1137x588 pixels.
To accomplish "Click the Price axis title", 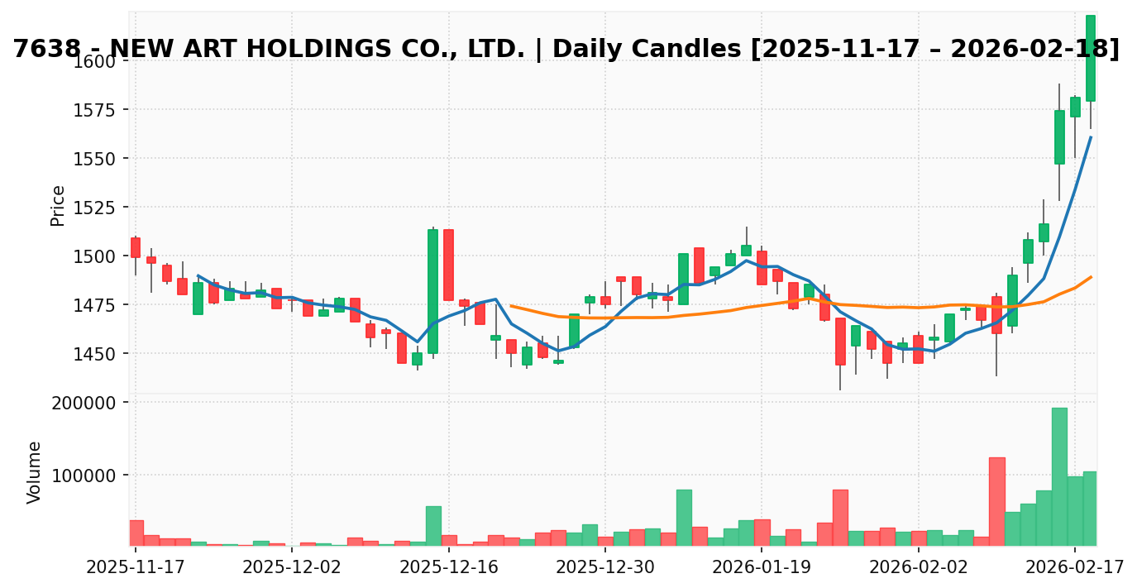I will (x=58, y=205).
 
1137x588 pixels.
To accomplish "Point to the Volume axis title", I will (x=35, y=472).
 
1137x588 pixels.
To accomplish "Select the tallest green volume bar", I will (x=1059, y=476).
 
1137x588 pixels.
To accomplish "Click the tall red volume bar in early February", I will (x=996, y=501).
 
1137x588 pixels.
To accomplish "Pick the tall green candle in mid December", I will (x=432, y=291).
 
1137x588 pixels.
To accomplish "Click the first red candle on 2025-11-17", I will (x=136, y=247).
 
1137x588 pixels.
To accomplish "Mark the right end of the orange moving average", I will (x=1091, y=277).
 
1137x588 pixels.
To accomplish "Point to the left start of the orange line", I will (x=511, y=306).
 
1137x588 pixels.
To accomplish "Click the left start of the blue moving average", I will (x=198, y=275).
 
